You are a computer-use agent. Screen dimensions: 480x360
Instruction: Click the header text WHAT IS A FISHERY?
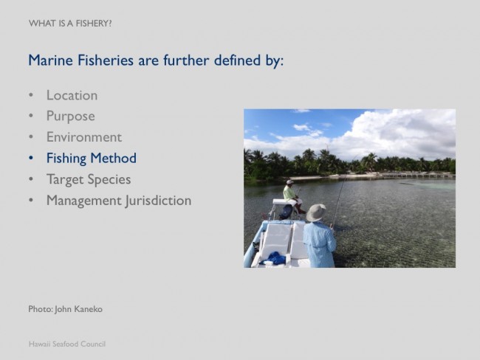coord(70,24)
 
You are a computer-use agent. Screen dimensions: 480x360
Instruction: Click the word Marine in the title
coord(50,60)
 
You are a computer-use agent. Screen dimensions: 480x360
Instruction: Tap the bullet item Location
coord(72,95)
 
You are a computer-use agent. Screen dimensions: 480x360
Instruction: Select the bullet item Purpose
coord(71,117)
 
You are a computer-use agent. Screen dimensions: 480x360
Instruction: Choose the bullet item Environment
coord(84,137)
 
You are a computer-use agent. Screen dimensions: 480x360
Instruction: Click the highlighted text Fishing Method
coord(92,159)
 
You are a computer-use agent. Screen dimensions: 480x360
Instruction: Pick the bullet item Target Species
coord(89,179)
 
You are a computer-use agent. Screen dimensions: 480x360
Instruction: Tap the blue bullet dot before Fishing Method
coord(31,158)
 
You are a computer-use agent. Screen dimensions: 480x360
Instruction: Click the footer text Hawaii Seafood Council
coord(67,344)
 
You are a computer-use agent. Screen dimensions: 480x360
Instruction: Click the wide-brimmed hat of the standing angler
coord(316,212)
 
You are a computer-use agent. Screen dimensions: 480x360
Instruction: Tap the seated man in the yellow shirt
coord(293,196)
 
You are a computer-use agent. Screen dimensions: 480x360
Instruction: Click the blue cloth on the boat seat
coord(273,259)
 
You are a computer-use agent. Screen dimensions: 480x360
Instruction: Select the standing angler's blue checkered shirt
coord(319,244)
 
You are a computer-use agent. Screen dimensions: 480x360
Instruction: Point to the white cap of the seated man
coord(289,182)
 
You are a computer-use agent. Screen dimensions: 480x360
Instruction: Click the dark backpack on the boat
coord(287,212)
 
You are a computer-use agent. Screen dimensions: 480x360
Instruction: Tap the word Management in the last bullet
coord(84,201)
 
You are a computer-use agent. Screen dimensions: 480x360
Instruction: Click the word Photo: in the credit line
coord(41,309)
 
